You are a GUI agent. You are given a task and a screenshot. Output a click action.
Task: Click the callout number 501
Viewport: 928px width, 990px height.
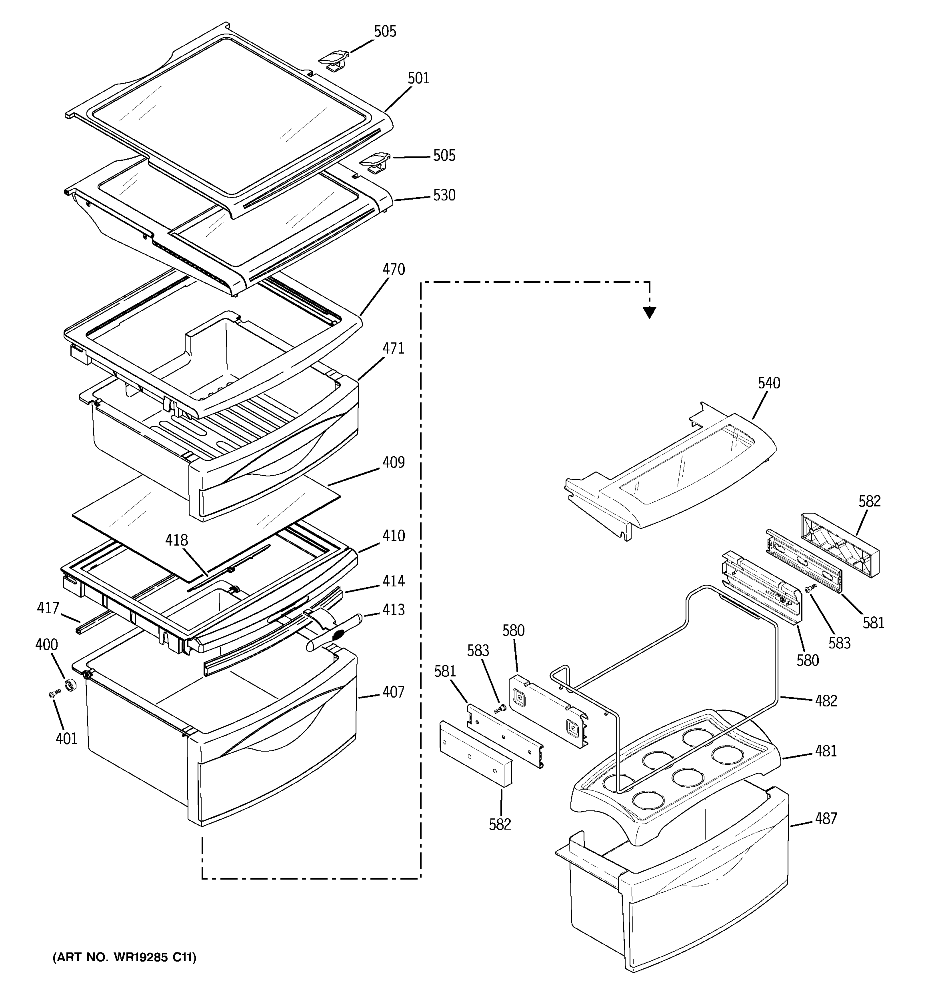pyautogui.click(x=418, y=78)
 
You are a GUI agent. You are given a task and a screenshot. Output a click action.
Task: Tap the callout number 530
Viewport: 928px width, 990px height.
pyautogui.click(x=444, y=195)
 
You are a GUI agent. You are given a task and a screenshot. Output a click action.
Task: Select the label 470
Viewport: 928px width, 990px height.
pyautogui.click(x=394, y=270)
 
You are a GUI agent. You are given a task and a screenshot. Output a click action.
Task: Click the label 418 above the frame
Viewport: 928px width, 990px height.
pyautogui.click(x=177, y=540)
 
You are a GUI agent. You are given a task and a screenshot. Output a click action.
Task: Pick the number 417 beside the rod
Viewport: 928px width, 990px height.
pyautogui.click(x=48, y=608)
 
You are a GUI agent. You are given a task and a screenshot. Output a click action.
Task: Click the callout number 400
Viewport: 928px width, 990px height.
pyautogui.click(x=46, y=644)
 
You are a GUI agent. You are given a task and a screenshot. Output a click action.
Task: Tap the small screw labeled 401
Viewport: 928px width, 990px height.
pyautogui.click(x=53, y=694)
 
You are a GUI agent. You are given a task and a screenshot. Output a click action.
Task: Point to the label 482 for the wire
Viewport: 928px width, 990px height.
pyautogui.click(x=826, y=701)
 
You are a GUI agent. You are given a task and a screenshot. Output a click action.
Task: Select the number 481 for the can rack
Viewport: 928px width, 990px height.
pyautogui.click(x=826, y=750)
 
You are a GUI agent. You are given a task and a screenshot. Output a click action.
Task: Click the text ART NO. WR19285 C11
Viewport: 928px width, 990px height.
pyautogui.click(x=124, y=957)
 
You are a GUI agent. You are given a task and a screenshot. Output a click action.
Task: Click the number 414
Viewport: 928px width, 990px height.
pyautogui.click(x=394, y=581)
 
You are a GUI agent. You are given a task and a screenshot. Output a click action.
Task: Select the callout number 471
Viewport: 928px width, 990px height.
pyautogui.click(x=394, y=348)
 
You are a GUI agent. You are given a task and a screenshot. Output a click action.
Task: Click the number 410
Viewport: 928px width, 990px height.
pyautogui.click(x=394, y=536)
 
